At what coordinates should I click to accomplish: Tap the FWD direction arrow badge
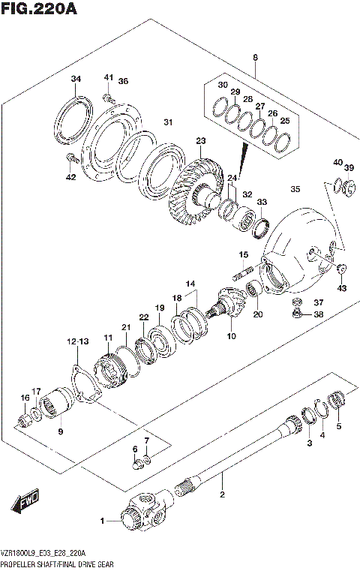(24, 499)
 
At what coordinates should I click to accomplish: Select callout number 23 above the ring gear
(200, 141)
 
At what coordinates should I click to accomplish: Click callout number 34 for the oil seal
(76, 80)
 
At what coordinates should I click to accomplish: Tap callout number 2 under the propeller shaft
(221, 494)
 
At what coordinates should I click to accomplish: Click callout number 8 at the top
(255, 58)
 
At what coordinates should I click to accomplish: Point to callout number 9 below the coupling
(61, 431)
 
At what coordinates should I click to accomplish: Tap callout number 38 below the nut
(317, 314)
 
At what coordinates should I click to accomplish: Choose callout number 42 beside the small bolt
(70, 177)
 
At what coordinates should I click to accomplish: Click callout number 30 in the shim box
(222, 86)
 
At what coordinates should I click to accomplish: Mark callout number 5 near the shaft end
(338, 427)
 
